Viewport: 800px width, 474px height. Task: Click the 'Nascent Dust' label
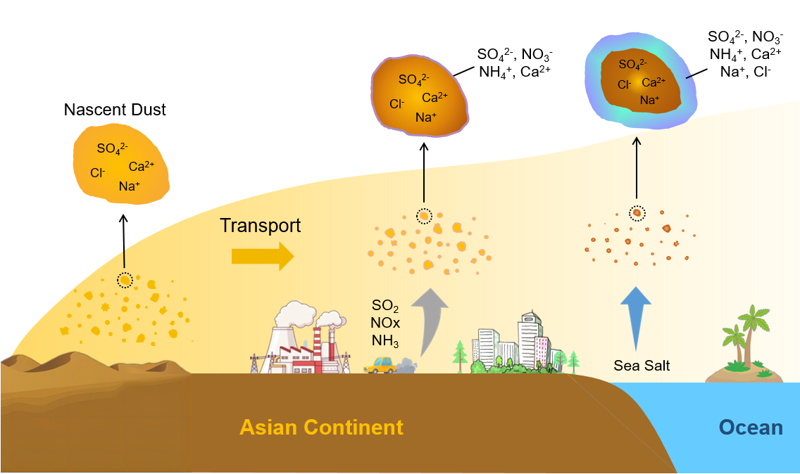click(x=115, y=110)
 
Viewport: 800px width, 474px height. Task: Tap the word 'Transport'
click(x=260, y=225)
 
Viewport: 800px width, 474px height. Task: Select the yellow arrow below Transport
click(x=262, y=256)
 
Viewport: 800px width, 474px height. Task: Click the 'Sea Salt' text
click(x=642, y=366)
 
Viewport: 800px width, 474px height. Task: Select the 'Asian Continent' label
click(x=321, y=427)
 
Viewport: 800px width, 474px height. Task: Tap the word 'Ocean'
click(x=750, y=427)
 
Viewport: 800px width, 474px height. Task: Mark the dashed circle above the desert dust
click(x=125, y=280)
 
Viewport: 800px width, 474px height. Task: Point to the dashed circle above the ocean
click(x=637, y=212)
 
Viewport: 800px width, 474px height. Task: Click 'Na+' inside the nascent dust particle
click(x=129, y=186)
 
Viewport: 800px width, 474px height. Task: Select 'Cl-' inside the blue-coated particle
click(x=624, y=85)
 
